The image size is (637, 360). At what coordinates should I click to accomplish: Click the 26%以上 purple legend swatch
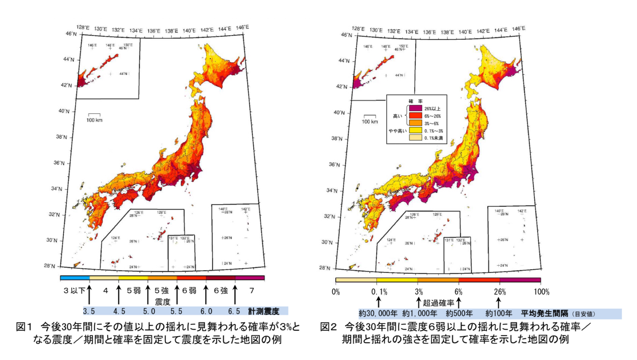click(415, 108)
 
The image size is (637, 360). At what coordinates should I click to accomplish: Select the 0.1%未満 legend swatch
click(415, 138)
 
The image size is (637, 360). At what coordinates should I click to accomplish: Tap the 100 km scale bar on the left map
click(94, 115)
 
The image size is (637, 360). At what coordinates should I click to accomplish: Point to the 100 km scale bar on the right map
click(370, 116)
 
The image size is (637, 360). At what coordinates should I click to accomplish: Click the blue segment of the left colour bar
click(75, 278)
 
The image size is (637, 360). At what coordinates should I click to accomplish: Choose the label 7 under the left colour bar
click(252, 291)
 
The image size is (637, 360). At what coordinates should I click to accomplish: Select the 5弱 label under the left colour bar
click(134, 291)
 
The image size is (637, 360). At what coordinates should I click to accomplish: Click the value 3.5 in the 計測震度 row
click(89, 311)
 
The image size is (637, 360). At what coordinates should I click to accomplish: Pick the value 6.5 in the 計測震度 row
click(234, 311)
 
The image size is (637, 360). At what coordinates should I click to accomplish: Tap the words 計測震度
click(263, 311)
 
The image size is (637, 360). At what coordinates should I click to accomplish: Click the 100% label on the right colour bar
click(542, 292)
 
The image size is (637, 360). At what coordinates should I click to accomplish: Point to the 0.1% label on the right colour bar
click(379, 292)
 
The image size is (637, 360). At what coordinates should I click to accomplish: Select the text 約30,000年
click(378, 313)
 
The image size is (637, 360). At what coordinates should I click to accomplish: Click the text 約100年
click(499, 313)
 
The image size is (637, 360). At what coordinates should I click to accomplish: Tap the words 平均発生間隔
click(544, 313)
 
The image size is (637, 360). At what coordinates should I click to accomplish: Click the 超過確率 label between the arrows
click(438, 303)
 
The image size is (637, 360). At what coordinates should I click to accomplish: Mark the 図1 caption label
click(24, 327)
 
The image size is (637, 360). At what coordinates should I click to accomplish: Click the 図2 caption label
click(328, 327)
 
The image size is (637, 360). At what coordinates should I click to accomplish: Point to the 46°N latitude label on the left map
click(71, 34)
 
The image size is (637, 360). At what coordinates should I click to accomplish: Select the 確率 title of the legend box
click(416, 101)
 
